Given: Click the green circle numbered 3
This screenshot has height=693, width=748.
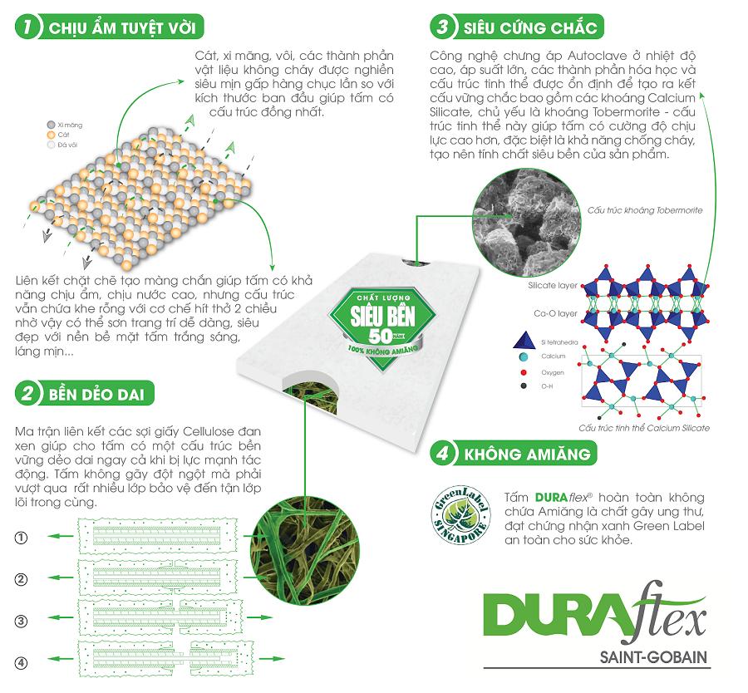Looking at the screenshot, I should point(443,27).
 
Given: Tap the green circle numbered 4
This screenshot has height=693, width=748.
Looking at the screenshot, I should point(444,455).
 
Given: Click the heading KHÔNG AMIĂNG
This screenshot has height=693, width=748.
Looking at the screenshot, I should point(528,455).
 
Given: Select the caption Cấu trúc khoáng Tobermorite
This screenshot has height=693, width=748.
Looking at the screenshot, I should point(644,210).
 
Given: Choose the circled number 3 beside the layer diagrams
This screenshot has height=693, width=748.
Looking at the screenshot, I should point(22,620).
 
